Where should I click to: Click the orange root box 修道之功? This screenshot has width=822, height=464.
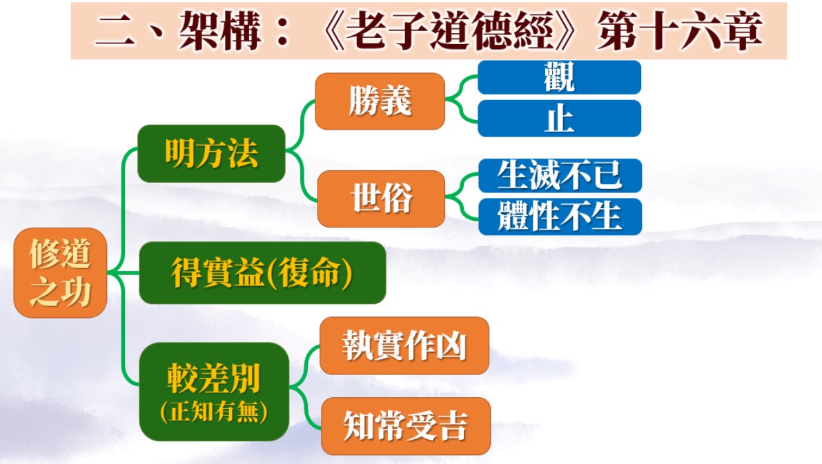60,273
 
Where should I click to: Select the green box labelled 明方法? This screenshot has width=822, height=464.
211,154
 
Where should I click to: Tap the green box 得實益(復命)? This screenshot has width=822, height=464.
262,273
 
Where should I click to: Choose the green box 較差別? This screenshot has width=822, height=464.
214,392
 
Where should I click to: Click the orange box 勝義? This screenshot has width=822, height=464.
380,101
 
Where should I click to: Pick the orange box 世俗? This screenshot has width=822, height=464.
381,199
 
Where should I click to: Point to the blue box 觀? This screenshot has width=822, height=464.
559,77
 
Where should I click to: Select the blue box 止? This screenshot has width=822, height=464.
559,119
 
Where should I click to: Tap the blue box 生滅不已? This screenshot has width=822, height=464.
560,175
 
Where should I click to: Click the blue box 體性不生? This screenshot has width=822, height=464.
560,216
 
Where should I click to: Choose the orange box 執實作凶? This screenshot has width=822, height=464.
404,345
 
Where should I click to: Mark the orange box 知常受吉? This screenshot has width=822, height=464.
406,426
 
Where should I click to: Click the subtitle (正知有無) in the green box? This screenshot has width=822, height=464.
214,412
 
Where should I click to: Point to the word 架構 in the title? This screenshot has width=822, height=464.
219,32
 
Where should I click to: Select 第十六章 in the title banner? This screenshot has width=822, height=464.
680,32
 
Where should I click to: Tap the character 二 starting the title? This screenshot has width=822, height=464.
115,32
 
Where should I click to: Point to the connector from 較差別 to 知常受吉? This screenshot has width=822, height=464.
305,407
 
